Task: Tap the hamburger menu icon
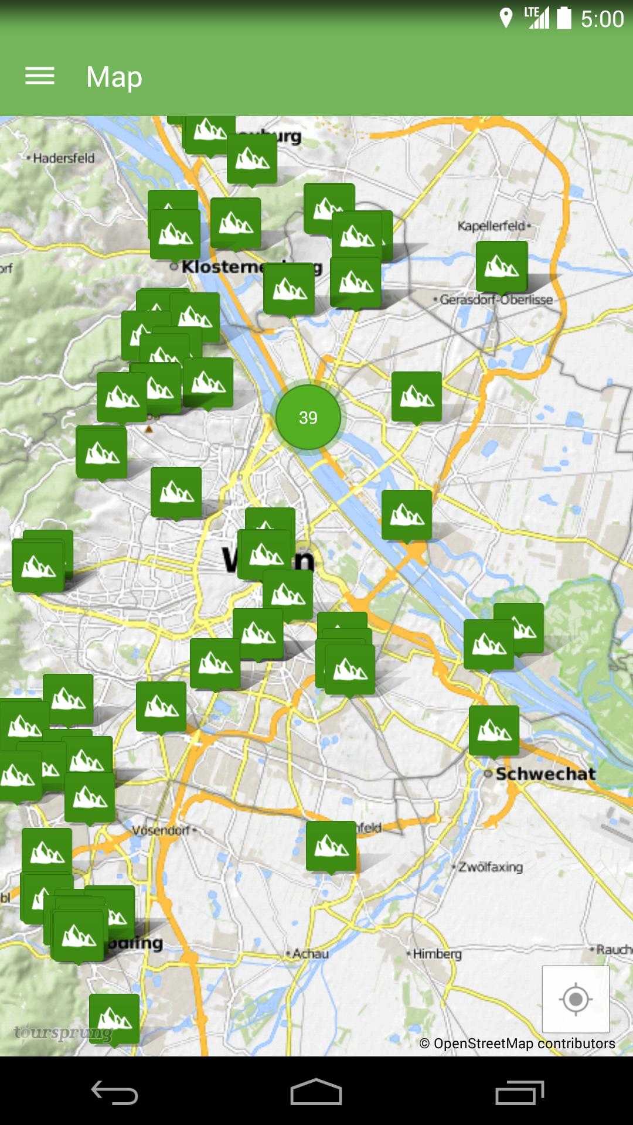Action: tap(40, 76)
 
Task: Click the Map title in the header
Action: tap(114, 77)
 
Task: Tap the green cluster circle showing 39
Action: tap(308, 417)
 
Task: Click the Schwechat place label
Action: tap(546, 774)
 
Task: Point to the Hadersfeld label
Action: tap(63, 158)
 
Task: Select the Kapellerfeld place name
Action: tap(492, 226)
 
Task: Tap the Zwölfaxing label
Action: tap(491, 867)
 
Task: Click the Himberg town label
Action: tap(437, 954)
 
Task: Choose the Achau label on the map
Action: tap(310, 954)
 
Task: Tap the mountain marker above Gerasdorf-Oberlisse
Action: tap(502, 267)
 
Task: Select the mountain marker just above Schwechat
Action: tap(494, 730)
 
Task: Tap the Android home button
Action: tap(316, 1092)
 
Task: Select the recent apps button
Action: tap(519, 1092)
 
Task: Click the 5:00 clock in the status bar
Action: tap(602, 19)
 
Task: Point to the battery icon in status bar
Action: tap(564, 18)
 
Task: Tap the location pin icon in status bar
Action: tap(506, 18)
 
